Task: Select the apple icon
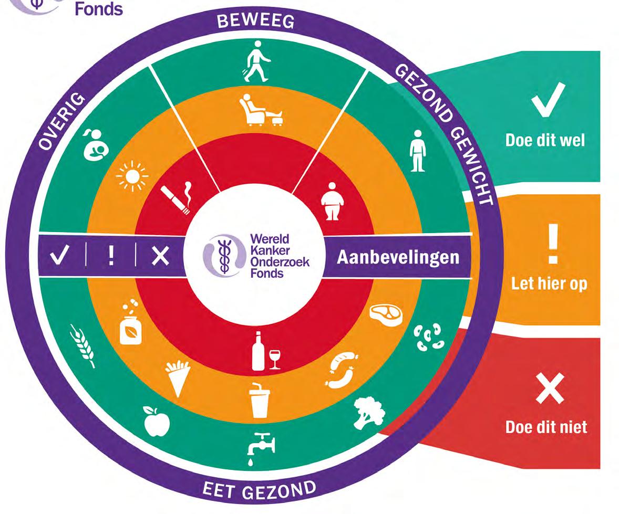(x=157, y=420)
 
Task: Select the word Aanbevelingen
(x=397, y=258)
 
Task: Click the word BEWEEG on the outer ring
(x=256, y=20)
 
